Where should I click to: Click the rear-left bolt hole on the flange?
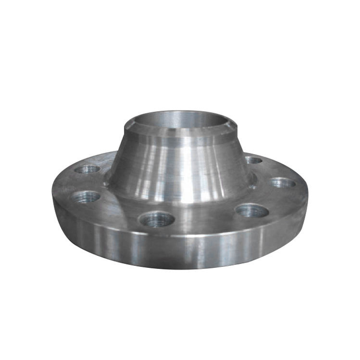click(88, 169)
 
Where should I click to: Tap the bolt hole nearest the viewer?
click(157, 220)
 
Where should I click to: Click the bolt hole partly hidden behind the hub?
click(253, 160)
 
